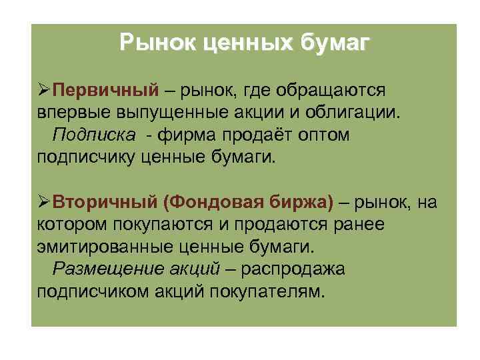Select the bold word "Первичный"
(x=105, y=90)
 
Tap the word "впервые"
(x=66, y=112)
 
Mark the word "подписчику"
(x=87, y=157)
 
